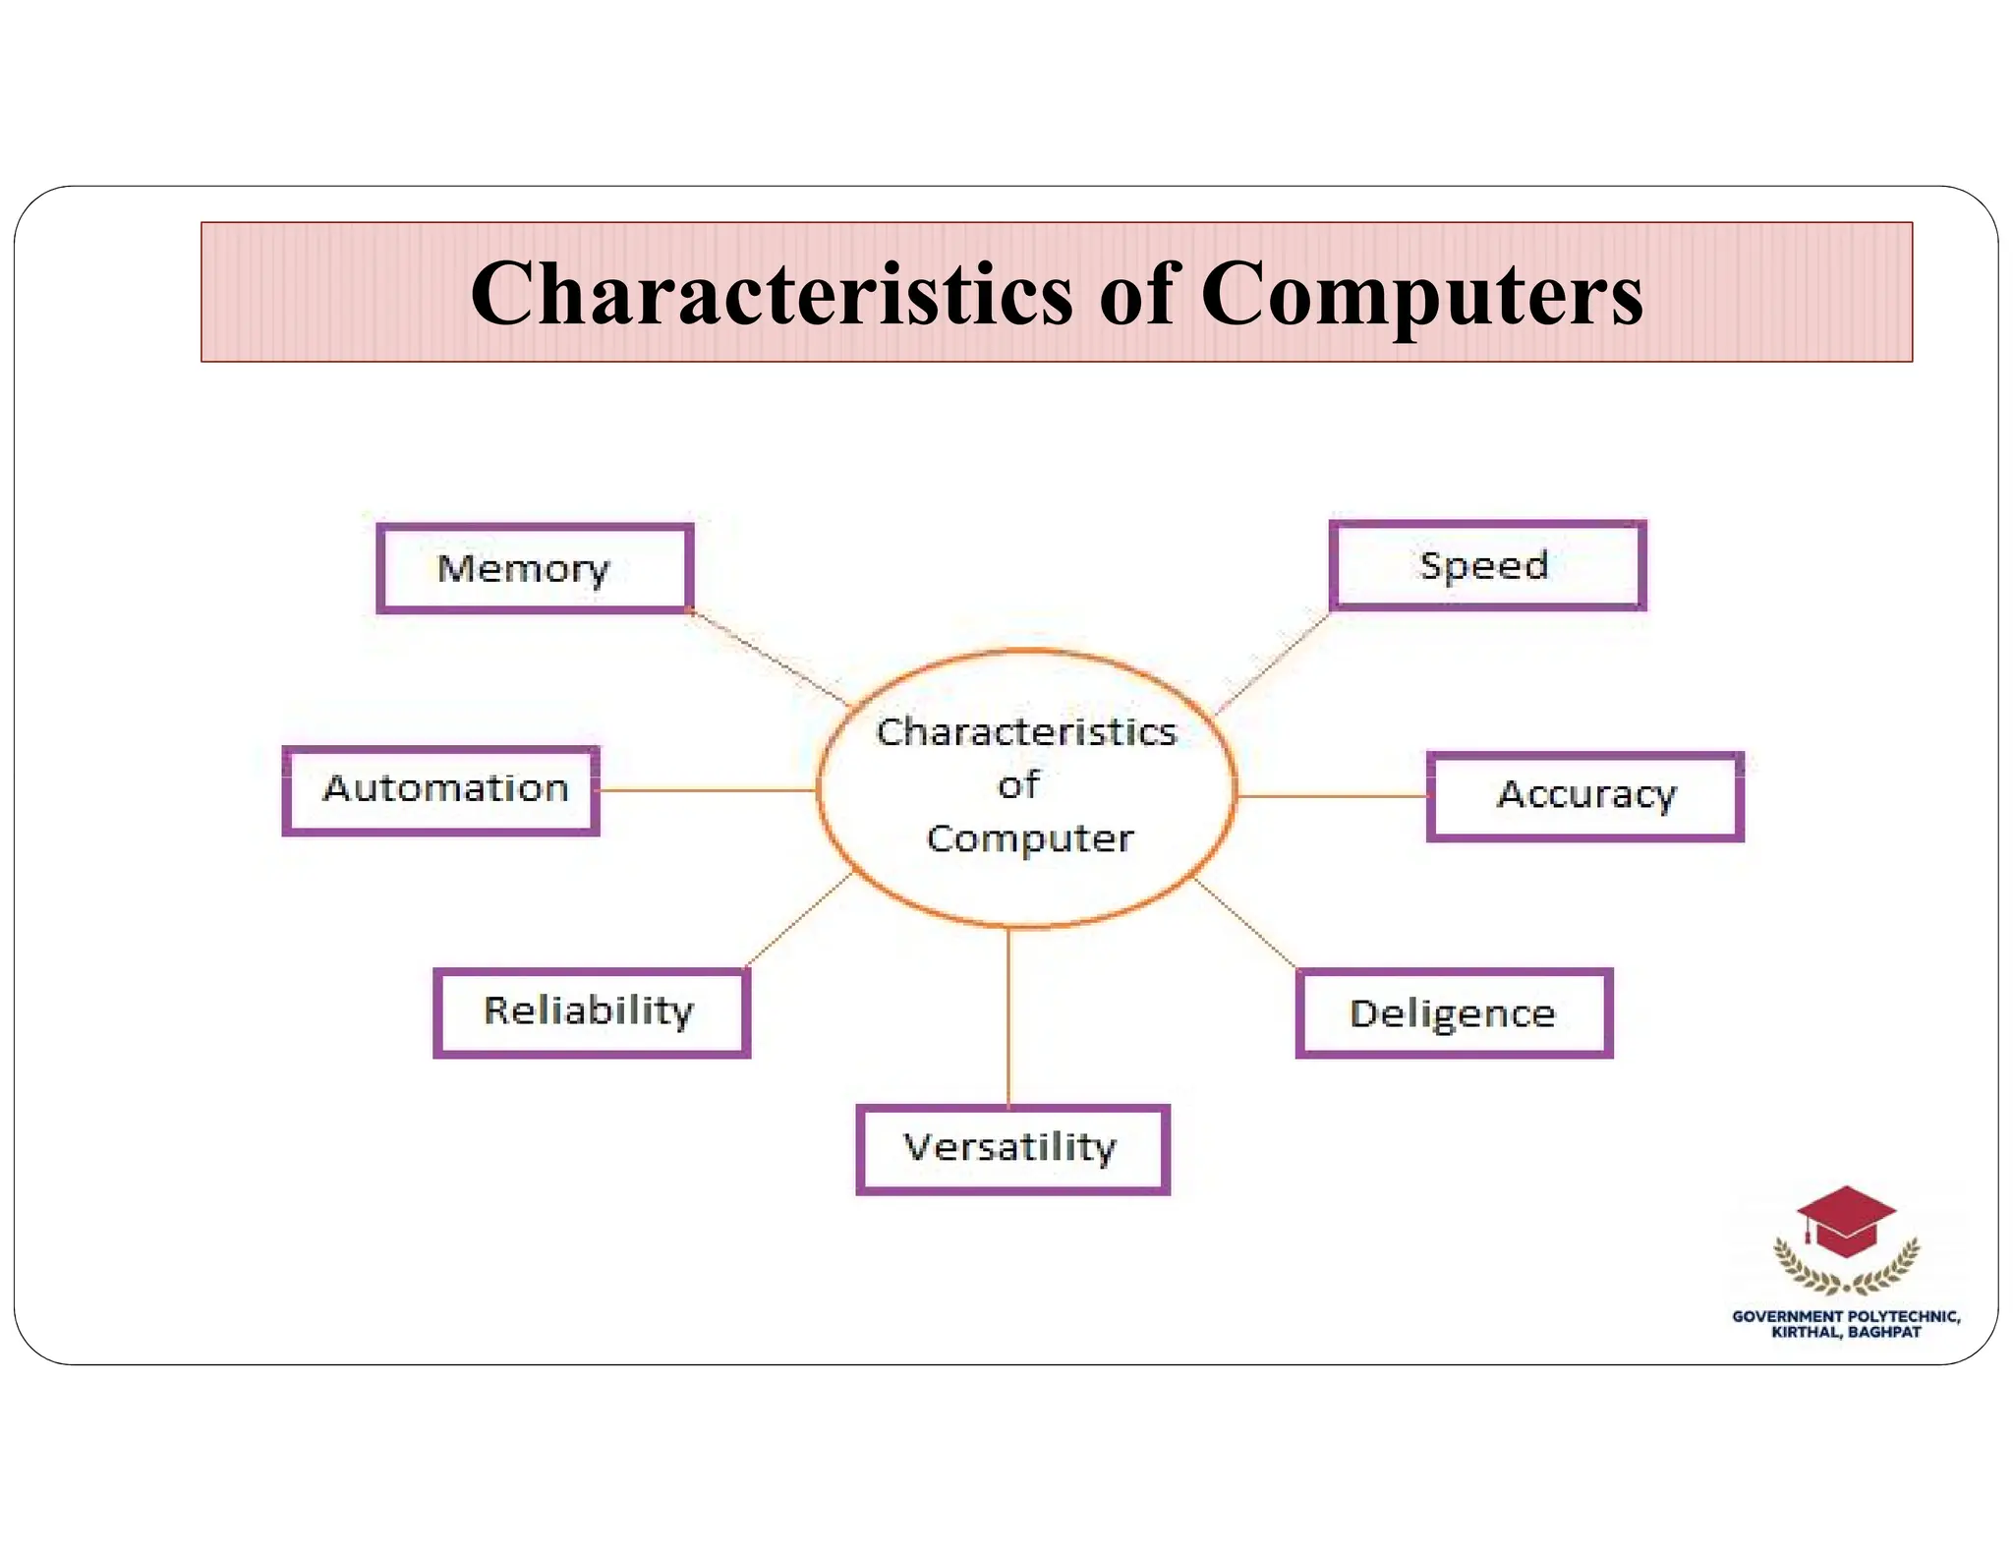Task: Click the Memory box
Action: (535, 569)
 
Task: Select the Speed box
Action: (1487, 565)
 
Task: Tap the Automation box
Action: (440, 790)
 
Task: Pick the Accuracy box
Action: (1584, 796)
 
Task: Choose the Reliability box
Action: (591, 1012)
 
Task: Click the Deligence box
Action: (1454, 1013)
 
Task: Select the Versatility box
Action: (1012, 1149)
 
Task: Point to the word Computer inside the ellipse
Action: (1029, 838)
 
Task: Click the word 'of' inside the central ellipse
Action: (1018, 785)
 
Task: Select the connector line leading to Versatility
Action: (1008, 1017)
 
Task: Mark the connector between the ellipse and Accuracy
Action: (1332, 796)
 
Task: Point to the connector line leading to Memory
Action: (770, 658)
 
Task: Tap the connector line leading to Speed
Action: (1273, 662)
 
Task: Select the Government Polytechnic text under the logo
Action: (1846, 1324)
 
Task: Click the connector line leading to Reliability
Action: (798, 919)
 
